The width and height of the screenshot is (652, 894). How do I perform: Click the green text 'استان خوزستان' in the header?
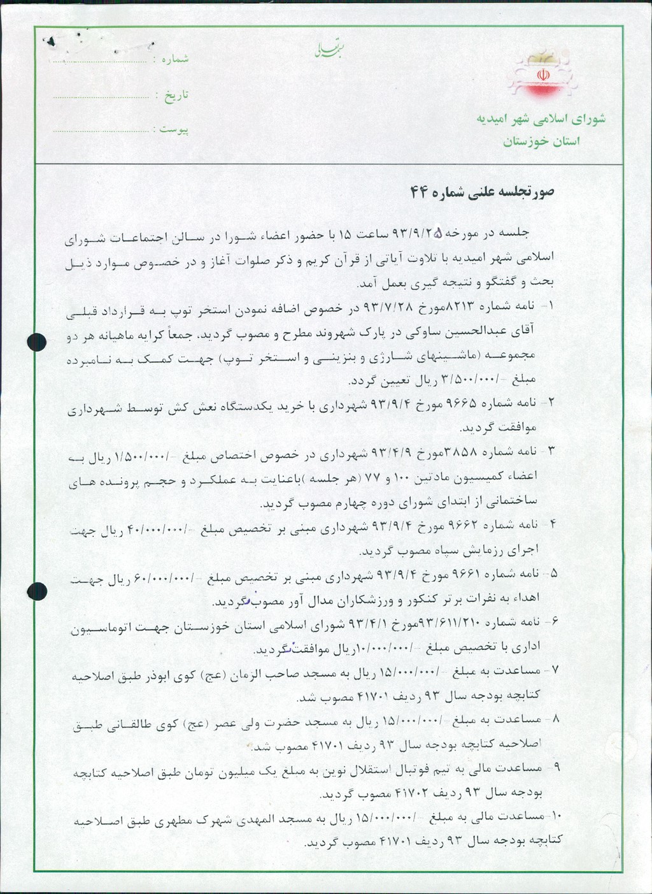click(x=541, y=141)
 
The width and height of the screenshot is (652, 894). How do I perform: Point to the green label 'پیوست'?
click(x=174, y=129)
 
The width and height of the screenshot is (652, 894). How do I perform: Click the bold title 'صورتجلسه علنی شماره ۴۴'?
click(x=481, y=192)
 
